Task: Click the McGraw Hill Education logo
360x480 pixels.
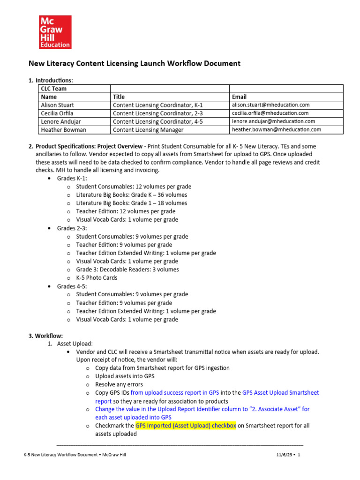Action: [55, 32]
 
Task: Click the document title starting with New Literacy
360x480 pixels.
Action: [135, 63]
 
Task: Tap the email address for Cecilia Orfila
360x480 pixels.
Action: [270, 113]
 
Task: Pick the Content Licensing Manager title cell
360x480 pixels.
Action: [148, 130]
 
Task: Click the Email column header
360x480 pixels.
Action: [240, 97]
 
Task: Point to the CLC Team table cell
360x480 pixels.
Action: [54, 89]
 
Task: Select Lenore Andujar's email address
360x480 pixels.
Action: [274, 121]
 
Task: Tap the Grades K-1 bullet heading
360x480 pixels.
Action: [72, 179]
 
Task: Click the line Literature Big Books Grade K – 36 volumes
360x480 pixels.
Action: [132, 195]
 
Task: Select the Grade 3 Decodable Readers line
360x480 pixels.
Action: [127, 270]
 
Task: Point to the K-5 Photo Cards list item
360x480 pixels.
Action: [97, 278]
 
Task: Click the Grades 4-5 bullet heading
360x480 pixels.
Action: [72, 286]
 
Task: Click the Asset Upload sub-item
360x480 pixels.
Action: [75, 344]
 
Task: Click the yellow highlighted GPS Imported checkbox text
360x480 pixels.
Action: [186, 426]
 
